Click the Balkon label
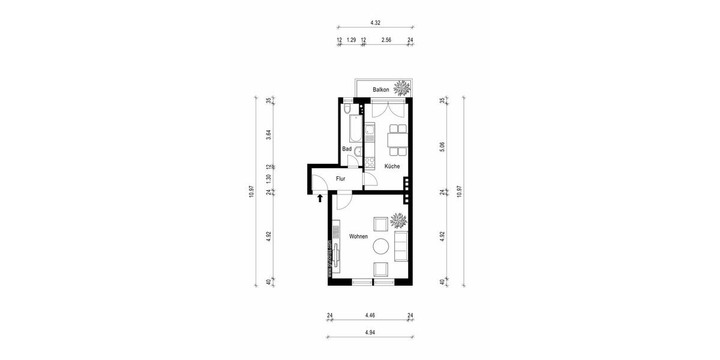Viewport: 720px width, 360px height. pyautogui.click(x=381, y=90)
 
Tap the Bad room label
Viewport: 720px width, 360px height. pyautogui.click(x=347, y=149)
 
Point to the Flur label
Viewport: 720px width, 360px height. pyautogui.click(x=340, y=179)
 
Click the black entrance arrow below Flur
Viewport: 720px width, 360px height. pyautogui.click(x=320, y=197)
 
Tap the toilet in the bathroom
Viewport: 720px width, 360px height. pyautogui.click(x=347, y=109)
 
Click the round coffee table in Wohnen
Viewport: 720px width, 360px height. pyautogui.click(x=381, y=246)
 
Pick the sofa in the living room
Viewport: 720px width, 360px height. pyautogui.click(x=401, y=247)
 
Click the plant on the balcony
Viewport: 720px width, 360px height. pyautogui.click(x=403, y=88)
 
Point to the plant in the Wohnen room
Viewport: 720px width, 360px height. pyautogui.click(x=398, y=221)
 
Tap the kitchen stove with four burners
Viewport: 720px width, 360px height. pyautogui.click(x=370, y=161)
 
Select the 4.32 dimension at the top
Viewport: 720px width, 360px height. pyautogui.click(x=375, y=22)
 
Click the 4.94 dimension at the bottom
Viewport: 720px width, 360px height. pyautogui.click(x=370, y=332)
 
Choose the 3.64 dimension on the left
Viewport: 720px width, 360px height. pyautogui.click(x=269, y=136)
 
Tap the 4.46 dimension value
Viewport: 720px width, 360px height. pyautogui.click(x=370, y=315)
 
